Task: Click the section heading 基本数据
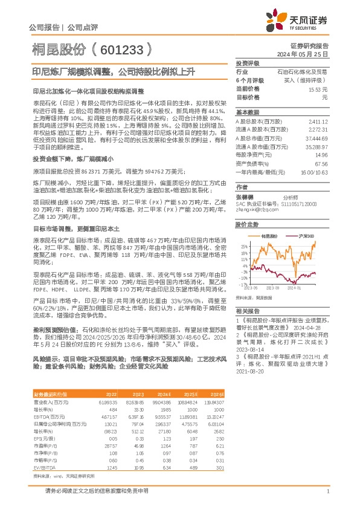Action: coord(246,112)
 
